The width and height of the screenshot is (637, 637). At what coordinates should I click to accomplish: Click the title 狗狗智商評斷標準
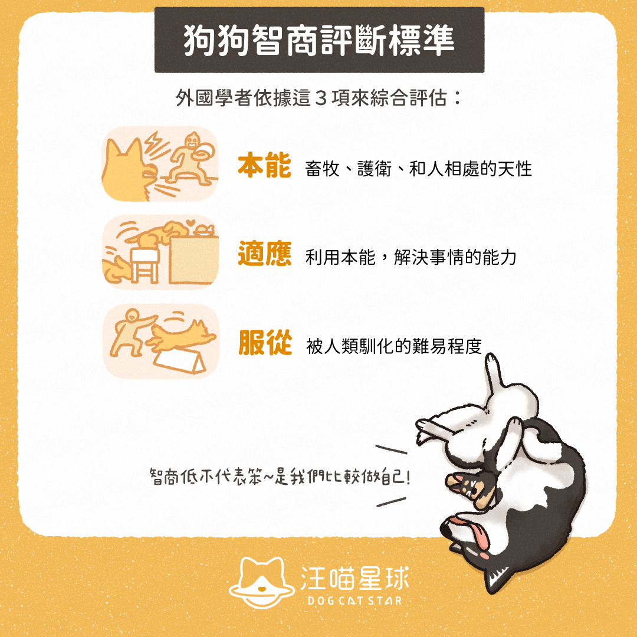tap(319, 40)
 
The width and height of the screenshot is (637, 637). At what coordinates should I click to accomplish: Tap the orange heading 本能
tap(264, 165)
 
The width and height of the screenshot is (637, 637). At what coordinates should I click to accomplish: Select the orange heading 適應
tap(264, 254)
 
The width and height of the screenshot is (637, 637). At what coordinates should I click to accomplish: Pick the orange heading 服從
tap(265, 343)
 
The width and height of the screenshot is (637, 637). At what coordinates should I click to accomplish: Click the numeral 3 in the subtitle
tap(321, 98)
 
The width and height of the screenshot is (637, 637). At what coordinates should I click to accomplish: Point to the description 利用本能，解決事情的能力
tap(411, 257)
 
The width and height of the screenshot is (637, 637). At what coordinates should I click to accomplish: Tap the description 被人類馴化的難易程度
tap(393, 347)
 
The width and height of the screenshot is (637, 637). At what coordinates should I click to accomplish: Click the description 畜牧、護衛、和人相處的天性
tap(418, 169)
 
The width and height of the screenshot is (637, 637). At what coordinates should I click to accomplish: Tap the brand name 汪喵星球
tap(354, 578)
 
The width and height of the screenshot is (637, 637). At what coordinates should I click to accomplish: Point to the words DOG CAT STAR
tap(354, 601)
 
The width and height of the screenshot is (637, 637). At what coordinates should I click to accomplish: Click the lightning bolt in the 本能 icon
tap(152, 142)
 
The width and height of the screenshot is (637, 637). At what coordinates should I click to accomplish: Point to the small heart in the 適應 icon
tap(190, 223)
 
